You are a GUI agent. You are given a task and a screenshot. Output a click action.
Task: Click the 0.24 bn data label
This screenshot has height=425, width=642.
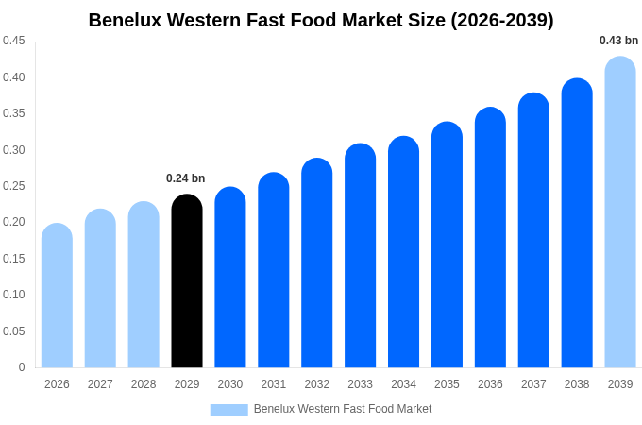pos(185,178)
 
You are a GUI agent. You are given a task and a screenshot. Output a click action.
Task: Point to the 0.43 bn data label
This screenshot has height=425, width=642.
pos(618,41)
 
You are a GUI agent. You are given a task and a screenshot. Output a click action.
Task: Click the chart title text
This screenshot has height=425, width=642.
pos(321,20)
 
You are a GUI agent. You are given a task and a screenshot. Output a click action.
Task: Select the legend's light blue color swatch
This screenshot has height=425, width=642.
pos(228,410)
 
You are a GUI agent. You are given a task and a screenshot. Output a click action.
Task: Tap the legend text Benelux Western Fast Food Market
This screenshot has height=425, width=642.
pos(342,409)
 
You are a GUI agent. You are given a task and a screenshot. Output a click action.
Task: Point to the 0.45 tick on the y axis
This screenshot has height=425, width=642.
pos(14,41)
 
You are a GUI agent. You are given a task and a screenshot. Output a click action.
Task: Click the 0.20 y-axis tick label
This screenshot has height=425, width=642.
pos(14,222)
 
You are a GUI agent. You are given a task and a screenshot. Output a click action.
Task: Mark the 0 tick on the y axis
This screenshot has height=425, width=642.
pos(22,367)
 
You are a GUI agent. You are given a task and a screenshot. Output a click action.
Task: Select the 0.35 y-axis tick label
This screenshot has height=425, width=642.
pos(14,113)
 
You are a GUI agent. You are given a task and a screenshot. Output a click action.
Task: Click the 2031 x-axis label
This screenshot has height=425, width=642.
pos(274,384)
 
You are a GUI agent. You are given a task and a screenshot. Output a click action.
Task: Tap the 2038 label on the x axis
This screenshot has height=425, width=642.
pos(577,384)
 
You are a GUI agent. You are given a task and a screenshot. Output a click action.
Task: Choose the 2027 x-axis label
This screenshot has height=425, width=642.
pos(100,384)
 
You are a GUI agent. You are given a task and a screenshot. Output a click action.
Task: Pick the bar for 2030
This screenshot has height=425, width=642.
pos(230,278)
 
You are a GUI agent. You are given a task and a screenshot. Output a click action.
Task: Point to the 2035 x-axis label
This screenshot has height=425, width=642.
pos(447,384)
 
